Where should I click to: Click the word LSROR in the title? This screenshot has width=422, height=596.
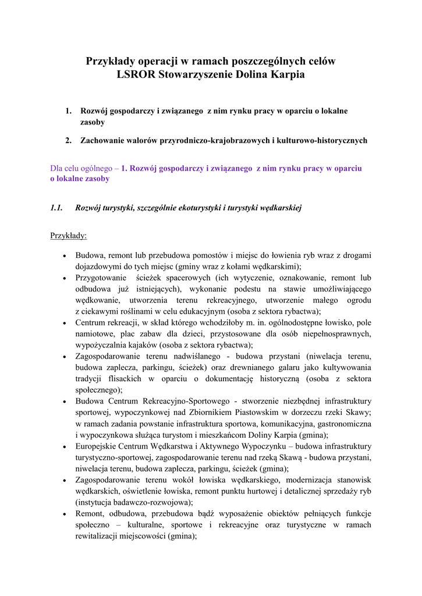pyautogui.click(x=136, y=74)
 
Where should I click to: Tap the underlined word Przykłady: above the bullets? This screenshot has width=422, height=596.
pyautogui.click(x=69, y=236)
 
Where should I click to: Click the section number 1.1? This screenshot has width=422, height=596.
pyautogui.click(x=56, y=208)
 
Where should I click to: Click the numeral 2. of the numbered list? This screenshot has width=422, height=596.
pyautogui.click(x=68, y=140)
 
